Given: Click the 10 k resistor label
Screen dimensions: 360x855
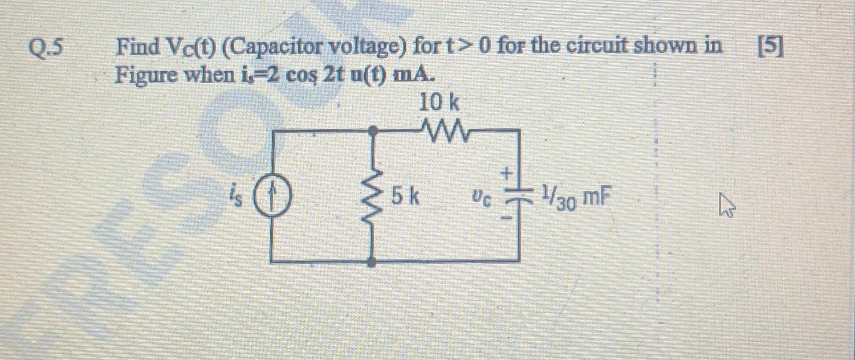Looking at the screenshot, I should point(439,103).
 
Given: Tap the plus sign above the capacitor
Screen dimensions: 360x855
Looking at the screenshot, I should point(507,172).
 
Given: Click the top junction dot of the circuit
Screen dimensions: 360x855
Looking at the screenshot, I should point(375,131).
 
